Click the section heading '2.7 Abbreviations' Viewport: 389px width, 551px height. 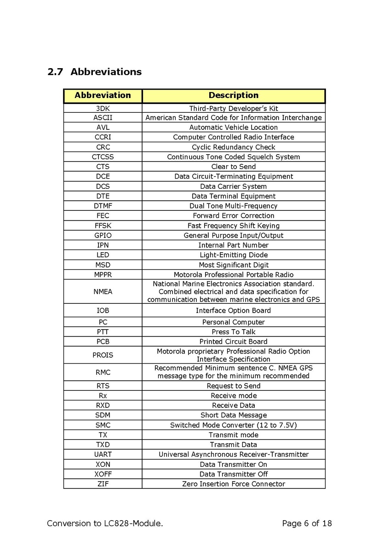coord(94,72)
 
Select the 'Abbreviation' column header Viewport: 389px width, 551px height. coord(103,95)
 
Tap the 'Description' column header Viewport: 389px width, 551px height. coord(234,95)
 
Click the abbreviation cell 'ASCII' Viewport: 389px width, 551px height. coord(103,117)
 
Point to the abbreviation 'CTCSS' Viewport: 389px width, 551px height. coord(103,157)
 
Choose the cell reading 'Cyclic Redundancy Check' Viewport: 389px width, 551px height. coord(234,147)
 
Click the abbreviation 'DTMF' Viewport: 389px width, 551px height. coord(103,206)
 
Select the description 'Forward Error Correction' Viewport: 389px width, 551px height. coord(234,215)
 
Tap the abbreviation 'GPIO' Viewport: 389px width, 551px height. coord(103,235)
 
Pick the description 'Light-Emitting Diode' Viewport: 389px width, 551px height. coord(234,255)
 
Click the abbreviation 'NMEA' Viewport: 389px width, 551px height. coord(103,291)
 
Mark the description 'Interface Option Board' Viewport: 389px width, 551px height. coord(234,310)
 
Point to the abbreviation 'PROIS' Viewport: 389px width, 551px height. coord(103,355)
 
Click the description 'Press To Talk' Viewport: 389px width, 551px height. coord(234,331)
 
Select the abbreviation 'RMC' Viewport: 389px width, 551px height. coord(103,372)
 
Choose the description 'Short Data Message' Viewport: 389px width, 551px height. coord(234,415)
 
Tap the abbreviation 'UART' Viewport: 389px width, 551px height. coord(103,454)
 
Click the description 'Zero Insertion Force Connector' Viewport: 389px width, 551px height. coord(234,484)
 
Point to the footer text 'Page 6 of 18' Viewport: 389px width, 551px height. coord(307,523)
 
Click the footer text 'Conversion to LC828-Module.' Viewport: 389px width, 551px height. coord(105,523)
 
